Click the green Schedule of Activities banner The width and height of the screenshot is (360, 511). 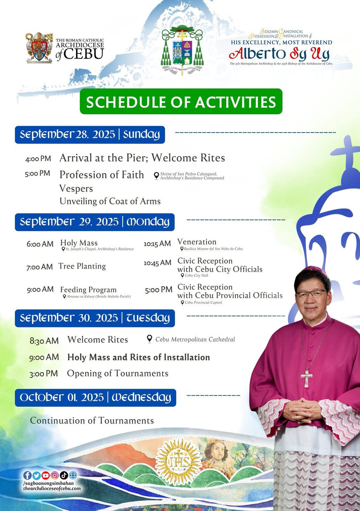pos(181,101)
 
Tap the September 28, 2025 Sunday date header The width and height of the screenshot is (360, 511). pos(90,135)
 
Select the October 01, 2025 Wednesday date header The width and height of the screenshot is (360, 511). pos(95,397)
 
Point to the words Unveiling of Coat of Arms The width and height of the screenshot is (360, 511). pos(110,201)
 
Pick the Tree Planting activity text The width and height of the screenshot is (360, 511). pos(82,266)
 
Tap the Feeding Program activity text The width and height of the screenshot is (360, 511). pos(88,290)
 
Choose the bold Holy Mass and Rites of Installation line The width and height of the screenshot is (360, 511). pos(139,357)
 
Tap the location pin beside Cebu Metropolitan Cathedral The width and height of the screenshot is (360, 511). pos(149,339)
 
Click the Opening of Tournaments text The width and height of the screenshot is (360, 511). pos(117,373)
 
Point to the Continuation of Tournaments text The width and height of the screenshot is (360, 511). pos(92,420)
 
